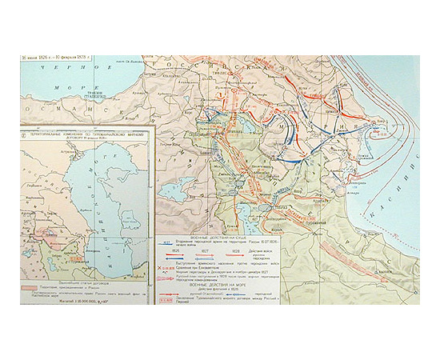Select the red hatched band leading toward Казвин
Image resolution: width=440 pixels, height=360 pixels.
352,232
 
